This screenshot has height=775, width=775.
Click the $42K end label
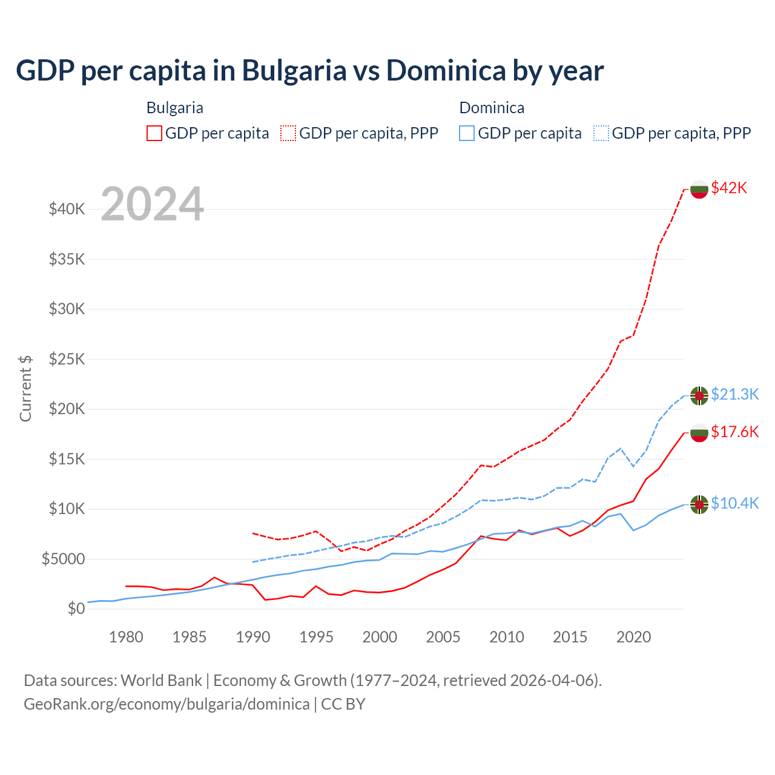(x=729, y=188)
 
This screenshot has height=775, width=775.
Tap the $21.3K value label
(x=734, y=394)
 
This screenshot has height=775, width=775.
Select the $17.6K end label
(x=734, y=432)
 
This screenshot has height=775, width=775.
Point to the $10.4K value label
(x=734, y=503)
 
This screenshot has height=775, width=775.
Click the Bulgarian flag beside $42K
(x=699, y=189)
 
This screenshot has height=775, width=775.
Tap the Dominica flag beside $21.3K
(x=699, y=395)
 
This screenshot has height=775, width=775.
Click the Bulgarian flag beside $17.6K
(x=699, y=433)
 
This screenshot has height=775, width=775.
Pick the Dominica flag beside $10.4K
(x=699, y=504)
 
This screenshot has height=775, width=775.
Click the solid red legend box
(x=154, y=133)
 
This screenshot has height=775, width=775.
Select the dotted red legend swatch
(x=289, y=133)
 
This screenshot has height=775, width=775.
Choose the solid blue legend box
(x=467, y=133)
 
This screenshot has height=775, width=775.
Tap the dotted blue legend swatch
(x=601, y=133)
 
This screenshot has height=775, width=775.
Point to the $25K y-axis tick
(x=67, y=359)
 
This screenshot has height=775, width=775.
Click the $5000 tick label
(x=63, y=559)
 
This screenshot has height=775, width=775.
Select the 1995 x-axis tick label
(x=316, y=637)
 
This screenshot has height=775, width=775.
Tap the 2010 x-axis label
(x=507, y=637)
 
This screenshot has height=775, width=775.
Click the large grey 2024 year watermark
(x=152, y=205)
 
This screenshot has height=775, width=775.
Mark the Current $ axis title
(x=25, y=388)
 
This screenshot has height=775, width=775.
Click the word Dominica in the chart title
(x=446, y=70)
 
